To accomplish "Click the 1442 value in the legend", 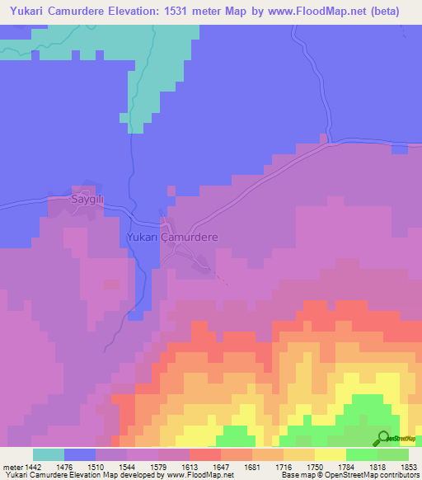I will (x=32, y=467).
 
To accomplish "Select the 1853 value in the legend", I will (x=409, y=467).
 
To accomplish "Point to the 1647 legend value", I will (x=220, y=467).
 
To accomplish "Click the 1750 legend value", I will (x=315, y=467).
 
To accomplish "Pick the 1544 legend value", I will (x=126, y=467).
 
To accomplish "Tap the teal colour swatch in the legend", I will (x=49, y=454).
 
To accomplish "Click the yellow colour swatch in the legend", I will (x=331, y=454).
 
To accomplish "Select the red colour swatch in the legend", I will (x=205, y=454).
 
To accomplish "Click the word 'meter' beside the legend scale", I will (x=12, y=467).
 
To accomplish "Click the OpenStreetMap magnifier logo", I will (x=383, y=438).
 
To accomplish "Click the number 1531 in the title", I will (x=190, y=12).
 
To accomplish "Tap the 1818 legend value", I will (x=377, y=467).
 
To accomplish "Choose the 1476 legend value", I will (x=63, y=467).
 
